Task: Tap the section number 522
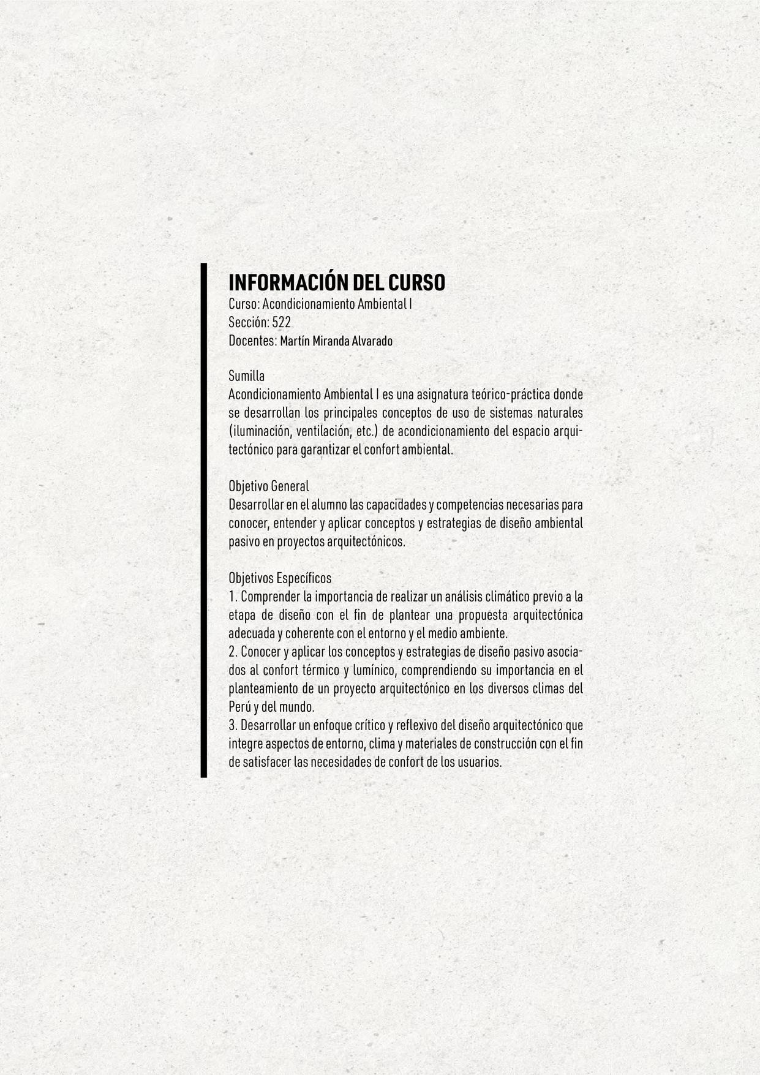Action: coord(281,323)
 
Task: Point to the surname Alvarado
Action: coord(372,341)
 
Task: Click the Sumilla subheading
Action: coord(246,375)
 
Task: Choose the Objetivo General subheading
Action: coord(268,486)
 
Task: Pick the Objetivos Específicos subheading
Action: coord(279,578)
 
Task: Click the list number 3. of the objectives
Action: coord(233,726)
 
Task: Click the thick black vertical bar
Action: coord(204,521)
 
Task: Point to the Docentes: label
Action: coord(252,341)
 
